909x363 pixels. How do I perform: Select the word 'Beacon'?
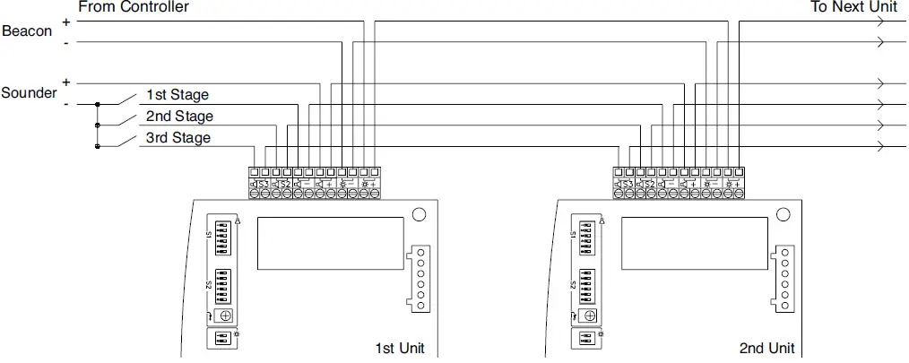27,31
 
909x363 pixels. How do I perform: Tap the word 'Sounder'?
29,93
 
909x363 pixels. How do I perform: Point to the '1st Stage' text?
177,94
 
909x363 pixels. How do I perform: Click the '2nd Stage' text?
179,116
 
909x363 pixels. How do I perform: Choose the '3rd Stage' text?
178,138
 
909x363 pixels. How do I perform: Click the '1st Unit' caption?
399,348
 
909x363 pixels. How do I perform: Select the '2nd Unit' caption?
766,348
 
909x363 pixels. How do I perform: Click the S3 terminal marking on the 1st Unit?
263,184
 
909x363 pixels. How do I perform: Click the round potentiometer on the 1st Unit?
224,315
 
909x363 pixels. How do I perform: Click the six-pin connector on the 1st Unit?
420,278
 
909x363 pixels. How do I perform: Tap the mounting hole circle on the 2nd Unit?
783,215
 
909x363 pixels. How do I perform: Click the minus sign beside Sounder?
66,104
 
